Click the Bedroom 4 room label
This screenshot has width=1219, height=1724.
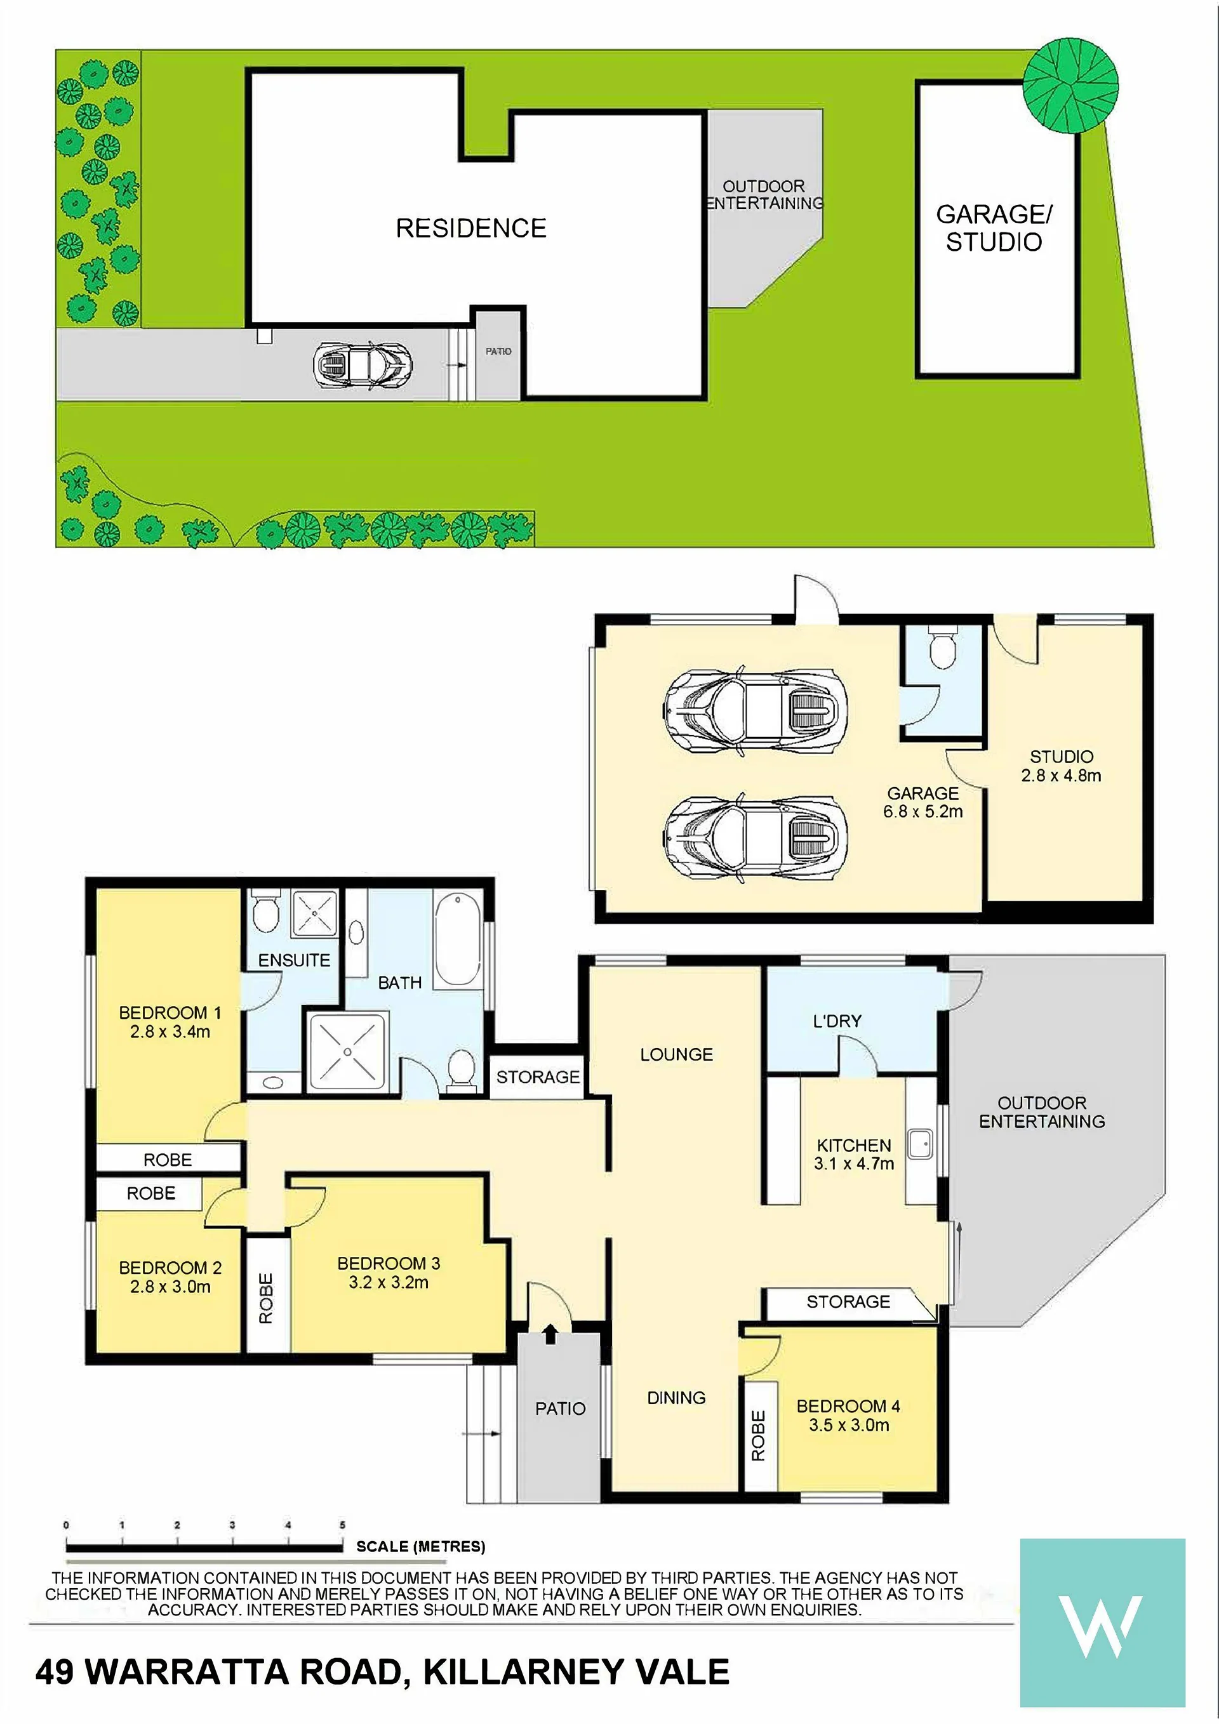pos(848,1416)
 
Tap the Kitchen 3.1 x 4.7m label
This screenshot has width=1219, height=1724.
pos(854,1155)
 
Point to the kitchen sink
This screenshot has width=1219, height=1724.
pos(919,1144)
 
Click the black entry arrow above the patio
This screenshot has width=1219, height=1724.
pos(550,1334)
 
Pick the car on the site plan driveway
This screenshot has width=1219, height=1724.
pos(363,366)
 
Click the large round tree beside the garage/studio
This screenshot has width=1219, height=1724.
pos(1070,86)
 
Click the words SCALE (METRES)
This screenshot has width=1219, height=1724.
pos(420,1547)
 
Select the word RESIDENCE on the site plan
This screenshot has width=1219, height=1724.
pos(471,229)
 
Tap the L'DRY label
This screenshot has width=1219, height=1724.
pos(837,1021)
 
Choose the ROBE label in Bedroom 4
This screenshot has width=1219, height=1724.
pos(759,1436)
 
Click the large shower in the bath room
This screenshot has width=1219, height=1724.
pos(348,1052)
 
